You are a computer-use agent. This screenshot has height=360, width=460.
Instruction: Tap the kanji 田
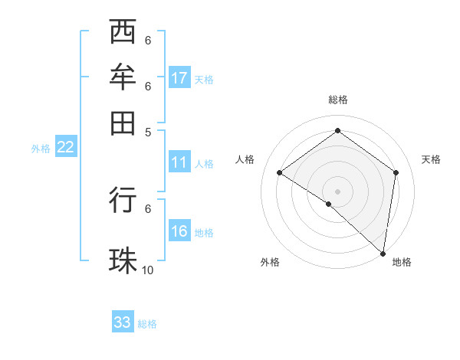click(123, 122)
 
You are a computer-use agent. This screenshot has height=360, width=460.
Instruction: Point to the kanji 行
click(123, 200)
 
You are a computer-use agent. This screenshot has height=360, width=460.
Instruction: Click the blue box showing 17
click(179, 78)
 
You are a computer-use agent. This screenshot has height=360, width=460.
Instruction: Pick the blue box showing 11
click(179, 162)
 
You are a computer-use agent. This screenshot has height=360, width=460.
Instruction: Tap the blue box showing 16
click(179, 232)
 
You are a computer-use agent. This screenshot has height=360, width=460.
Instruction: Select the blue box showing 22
click(65, 148)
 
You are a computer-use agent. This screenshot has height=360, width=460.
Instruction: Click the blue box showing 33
click(123, 322)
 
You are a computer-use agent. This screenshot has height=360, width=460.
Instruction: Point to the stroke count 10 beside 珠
click(148, 270)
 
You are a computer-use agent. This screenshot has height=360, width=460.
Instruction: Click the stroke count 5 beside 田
click(148, 131)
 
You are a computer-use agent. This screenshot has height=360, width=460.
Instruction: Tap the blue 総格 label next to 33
click(148, 324)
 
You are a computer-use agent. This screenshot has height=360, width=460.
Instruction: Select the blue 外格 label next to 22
click(41, 149)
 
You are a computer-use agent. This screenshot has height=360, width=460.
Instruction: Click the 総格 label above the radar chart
click(338, 100)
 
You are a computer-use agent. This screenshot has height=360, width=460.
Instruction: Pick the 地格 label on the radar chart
click(402, 262)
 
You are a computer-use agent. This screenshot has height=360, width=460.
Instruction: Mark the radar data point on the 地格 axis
click(383, 253)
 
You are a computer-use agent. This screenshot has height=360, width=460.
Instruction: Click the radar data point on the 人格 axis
click(280, 173)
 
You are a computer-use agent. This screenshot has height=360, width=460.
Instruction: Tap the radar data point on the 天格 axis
click(396, 172)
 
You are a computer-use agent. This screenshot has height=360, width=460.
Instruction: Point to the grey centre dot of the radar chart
click(338, 191)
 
